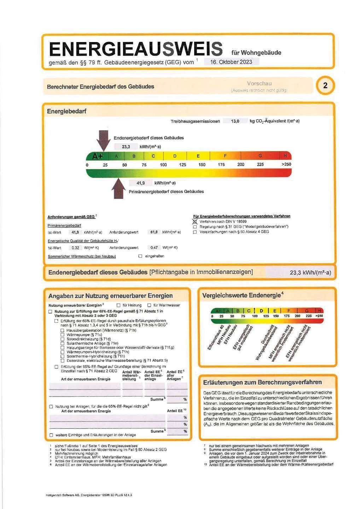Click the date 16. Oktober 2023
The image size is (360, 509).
point(231,62)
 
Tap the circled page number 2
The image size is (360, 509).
point(325,86)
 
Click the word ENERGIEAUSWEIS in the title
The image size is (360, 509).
point(136,49)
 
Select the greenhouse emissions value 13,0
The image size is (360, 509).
point(235,121)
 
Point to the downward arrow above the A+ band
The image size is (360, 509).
point(104,140)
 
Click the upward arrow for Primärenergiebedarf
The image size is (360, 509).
point(118,189)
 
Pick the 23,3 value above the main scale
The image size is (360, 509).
point(126,147)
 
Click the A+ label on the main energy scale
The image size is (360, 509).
point(97,156)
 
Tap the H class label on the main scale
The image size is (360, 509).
point(285,156)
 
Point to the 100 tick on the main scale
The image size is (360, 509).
point(163,165)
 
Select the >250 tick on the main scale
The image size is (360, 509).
point(286,164)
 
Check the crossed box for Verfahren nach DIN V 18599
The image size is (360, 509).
point(195,222)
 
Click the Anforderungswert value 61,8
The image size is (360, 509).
point(154,232)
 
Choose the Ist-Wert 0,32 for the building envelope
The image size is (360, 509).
point(75,248)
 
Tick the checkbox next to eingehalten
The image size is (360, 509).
point(140,256)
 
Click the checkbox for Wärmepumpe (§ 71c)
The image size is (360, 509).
point(63,335)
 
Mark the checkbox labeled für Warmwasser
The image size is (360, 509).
point(149,305)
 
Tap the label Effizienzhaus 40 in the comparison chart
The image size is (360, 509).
point(216,338)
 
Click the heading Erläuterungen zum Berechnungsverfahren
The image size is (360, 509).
point(262,382)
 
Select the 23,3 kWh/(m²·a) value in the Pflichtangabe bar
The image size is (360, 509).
point(310,273)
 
